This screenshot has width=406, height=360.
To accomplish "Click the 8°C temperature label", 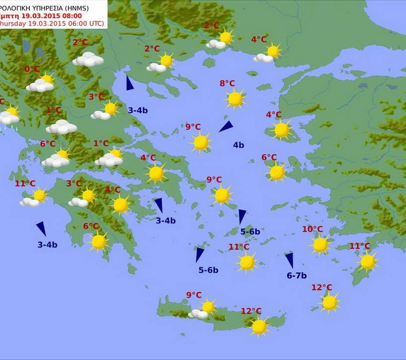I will (x=227, y=83).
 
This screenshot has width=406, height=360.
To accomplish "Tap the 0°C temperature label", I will (x=32, y=69).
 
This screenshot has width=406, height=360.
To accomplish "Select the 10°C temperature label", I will (x=312, y=229).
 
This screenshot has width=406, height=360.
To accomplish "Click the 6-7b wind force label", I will (x=297, y=276).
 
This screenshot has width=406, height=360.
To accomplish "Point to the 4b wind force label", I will (x=239, y=145).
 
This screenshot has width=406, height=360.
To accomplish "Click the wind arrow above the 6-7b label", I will (x=289, y=260).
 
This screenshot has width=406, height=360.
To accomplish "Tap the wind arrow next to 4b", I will (x=226, y=127).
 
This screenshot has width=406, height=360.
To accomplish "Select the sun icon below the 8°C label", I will (x=235, y=99).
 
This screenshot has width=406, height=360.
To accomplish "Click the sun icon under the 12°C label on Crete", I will (x=259, y=327).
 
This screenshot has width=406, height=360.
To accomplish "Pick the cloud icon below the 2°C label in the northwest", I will (x=88, y=59).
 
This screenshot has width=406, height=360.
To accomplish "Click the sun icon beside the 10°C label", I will (x=320, y=245).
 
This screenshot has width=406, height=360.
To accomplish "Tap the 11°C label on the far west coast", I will (x=25, y=184).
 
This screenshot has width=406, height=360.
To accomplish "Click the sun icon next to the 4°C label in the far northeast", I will (x=273, y=51).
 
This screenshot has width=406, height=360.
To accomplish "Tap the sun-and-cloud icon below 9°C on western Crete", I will (x=203, y=309).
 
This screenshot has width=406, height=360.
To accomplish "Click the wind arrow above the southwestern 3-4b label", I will (x=41, y=228).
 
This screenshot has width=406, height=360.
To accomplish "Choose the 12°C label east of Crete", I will (x=322, y=288).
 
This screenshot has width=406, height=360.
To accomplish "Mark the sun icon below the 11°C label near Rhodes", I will (x=367, y=262).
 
